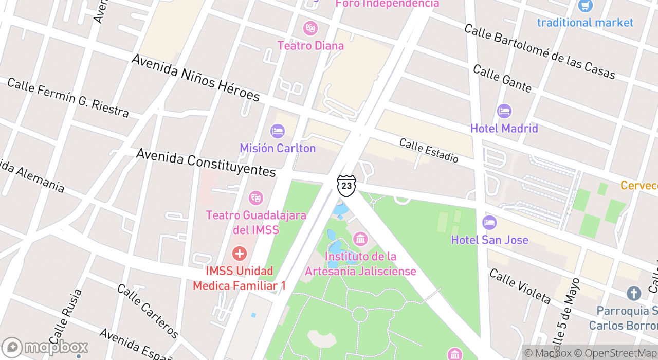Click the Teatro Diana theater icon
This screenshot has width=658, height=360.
[310, 28]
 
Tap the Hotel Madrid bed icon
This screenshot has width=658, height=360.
[504, 111]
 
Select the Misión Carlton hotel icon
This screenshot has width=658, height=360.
[278, 131]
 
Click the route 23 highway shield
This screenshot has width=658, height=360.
[346, 186]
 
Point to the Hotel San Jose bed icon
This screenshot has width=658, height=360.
[489, 223]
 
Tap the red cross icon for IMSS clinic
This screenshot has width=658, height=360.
[239, 254]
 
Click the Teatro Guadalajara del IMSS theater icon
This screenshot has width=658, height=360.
[255, 197]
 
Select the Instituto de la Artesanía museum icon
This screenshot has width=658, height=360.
[360, 239]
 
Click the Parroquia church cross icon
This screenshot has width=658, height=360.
[634, 294]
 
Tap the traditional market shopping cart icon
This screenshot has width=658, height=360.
[585, 6]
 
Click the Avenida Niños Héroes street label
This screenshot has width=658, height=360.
[195, 78]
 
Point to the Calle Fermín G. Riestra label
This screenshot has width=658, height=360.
[68, 98]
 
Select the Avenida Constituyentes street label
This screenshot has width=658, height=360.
[206, 163]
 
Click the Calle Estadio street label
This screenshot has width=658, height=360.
[429, 150]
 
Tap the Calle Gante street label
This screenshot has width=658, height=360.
[502, 79]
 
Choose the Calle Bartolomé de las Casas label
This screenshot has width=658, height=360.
[539, 51]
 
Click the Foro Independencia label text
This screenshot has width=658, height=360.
[387, 4]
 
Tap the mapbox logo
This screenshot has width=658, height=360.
[45, 348]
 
